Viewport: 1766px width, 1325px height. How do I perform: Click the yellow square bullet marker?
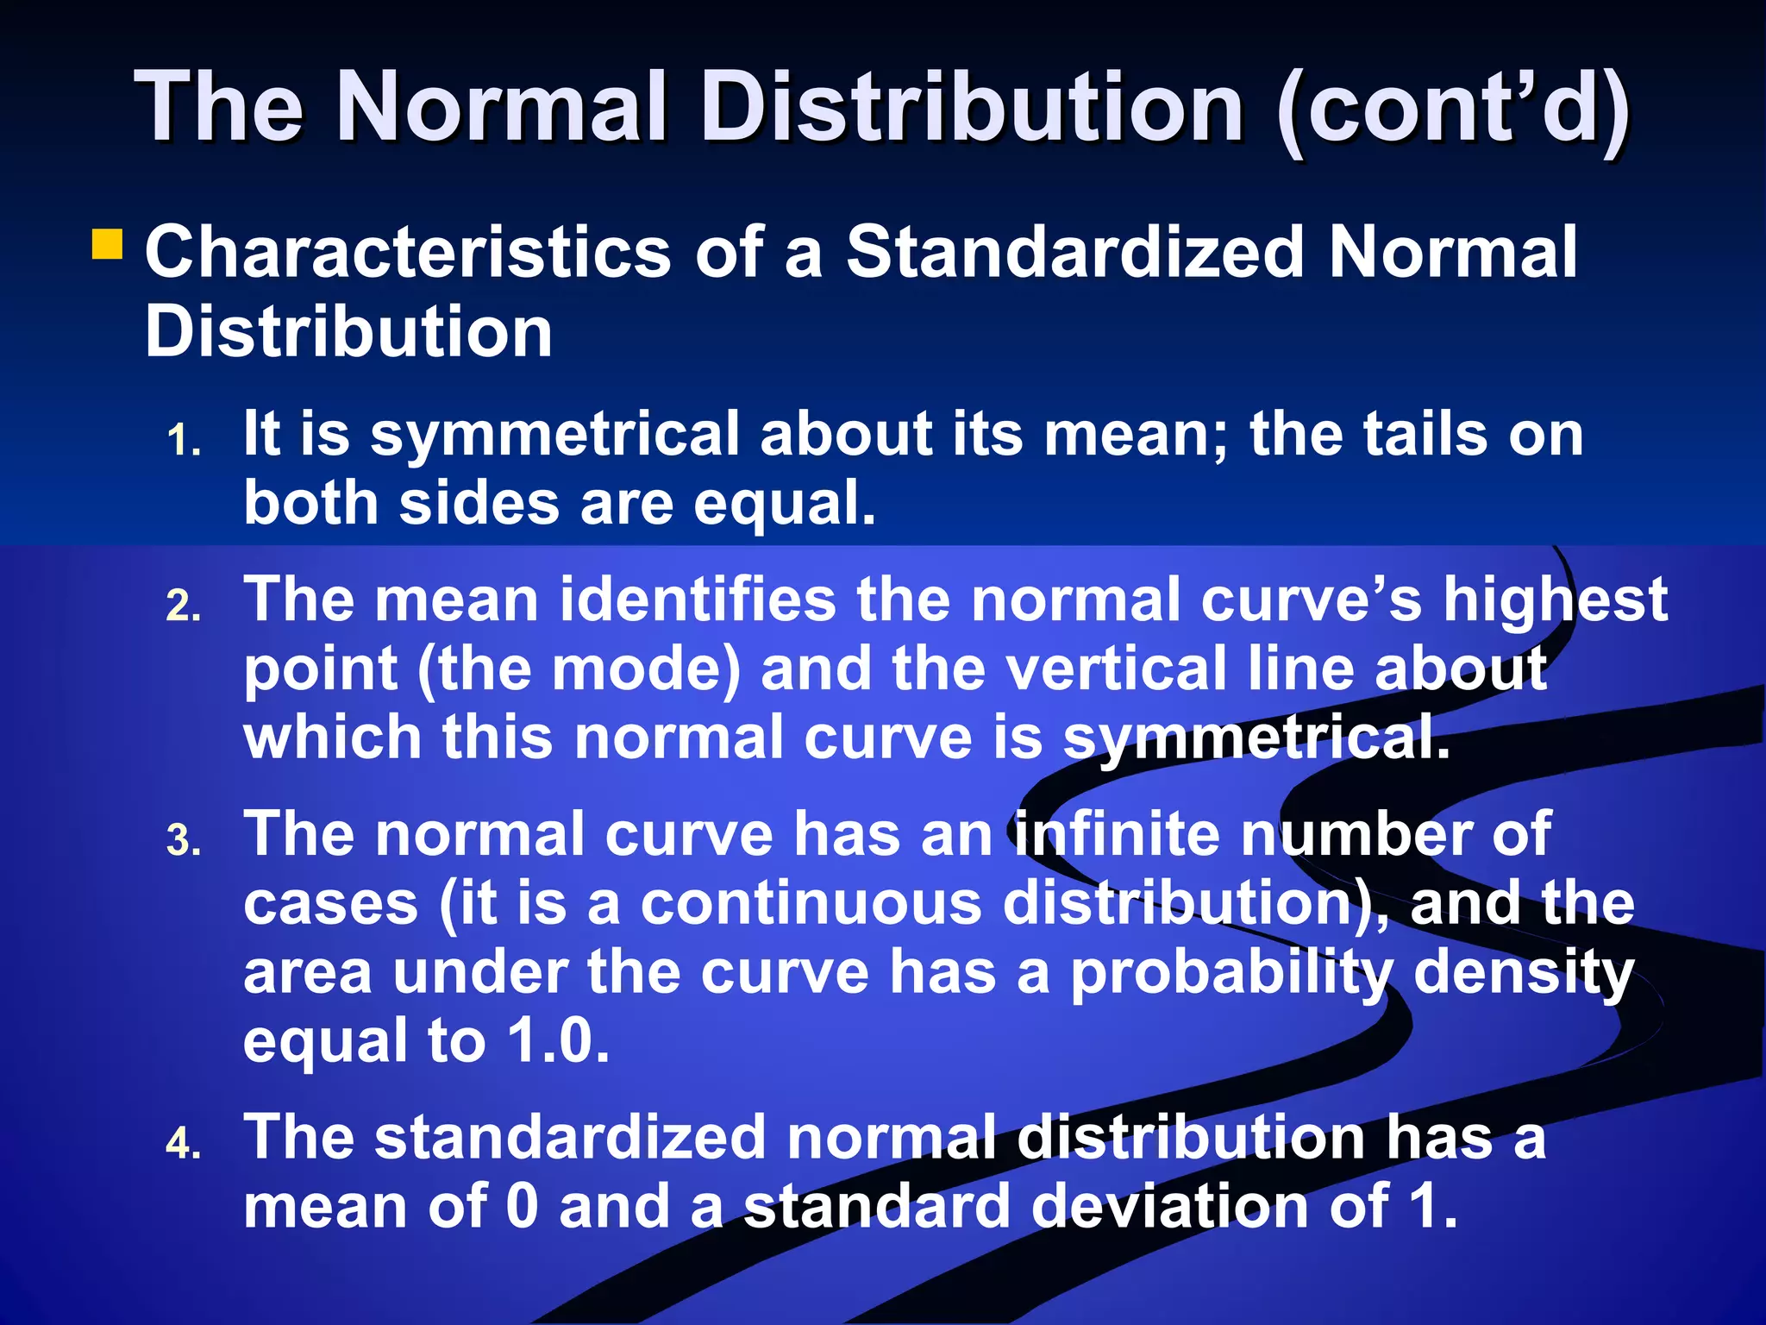[108, 243]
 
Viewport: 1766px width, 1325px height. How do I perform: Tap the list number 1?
[184, 441]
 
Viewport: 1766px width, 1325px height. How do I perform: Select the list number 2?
[184, 606]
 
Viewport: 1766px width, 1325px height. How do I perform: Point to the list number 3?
[184, 841]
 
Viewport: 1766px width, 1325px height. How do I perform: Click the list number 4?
[184, 1145]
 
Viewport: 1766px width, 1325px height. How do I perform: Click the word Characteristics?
[408, 252]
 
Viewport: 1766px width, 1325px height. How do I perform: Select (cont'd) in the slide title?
[1452, 107]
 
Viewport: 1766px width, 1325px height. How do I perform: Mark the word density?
[1524, 973]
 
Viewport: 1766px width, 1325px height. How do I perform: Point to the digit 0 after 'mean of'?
[523, 1206]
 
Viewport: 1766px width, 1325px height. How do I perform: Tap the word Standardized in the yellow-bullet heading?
[1074, 252]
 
